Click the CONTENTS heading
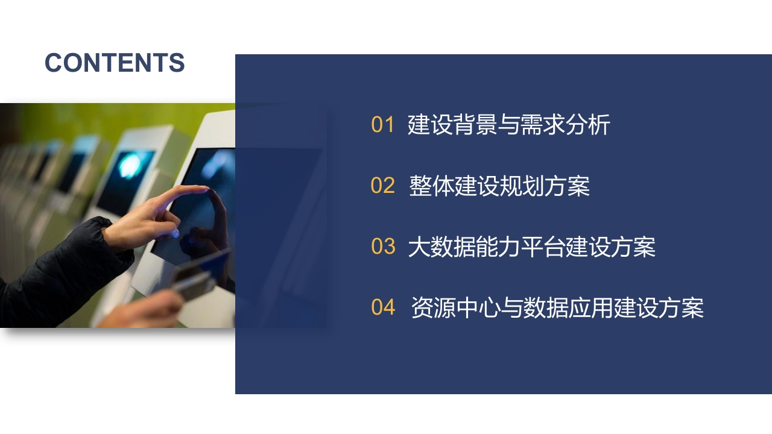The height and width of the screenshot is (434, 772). (x=115, y=63)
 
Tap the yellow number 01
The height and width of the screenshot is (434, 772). (x=382, y=124)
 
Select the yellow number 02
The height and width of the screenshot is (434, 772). (x=382, y=185)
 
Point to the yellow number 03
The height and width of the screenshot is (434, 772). (x=383, y=247)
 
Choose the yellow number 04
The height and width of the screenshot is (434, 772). (x=383, y=307)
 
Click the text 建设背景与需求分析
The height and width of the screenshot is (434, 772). (x=508, y=124)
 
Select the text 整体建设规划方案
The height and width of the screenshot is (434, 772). (x=499, y=186)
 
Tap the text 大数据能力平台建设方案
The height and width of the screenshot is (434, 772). (x=531, y=247)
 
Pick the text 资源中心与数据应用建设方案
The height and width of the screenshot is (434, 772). (x=557, y=307)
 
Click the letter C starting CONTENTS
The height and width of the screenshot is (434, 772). (x=54, y=63)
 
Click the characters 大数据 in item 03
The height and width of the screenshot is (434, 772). (x=441, y=247)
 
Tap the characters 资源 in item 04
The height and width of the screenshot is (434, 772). (x=434, y=307)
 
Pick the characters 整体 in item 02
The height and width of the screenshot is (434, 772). (x=431, y=186)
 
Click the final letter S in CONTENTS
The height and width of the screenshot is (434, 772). (x=177, y=63)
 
